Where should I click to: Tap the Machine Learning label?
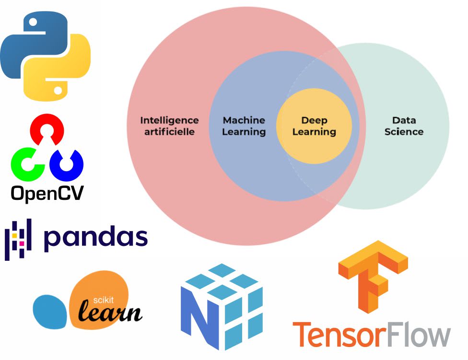coord(244,126)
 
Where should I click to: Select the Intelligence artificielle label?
coord(169,126)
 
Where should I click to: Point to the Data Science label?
coord(404,126)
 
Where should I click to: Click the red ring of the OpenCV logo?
coord(47,128)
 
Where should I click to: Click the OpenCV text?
coord(47,193)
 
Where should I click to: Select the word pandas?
coord(95,238)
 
